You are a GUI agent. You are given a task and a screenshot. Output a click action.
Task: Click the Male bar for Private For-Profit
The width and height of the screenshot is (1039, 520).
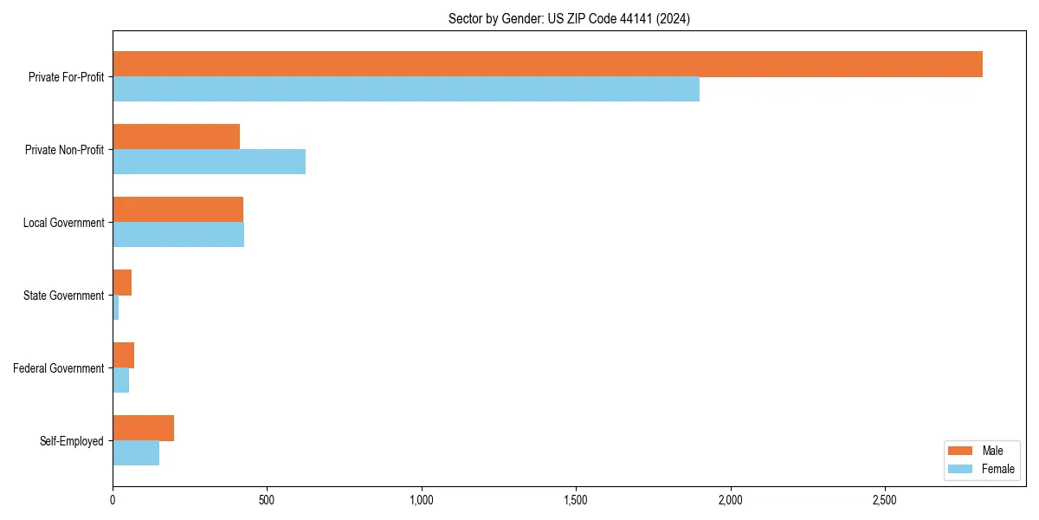tap(547, 64)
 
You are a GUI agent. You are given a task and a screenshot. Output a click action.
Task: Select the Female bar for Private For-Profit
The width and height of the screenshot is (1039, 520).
tap(406, 89)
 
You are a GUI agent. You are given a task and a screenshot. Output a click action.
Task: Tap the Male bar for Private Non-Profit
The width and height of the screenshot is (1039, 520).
tap(176, 137)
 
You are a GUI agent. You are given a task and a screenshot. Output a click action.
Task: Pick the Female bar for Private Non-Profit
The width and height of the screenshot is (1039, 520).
tap(209, 162)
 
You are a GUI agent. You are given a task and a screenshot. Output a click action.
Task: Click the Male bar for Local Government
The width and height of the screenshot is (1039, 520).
tap(177, 210)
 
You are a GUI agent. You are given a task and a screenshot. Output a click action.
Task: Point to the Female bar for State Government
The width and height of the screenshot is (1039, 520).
tap(116, 308)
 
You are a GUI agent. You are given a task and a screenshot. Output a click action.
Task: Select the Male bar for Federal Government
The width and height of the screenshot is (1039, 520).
tap(123, 355)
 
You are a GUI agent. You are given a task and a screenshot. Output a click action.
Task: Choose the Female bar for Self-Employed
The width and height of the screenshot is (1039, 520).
tap(136, 453)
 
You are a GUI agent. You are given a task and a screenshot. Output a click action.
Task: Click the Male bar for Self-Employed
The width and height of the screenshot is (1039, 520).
tap(143, 428)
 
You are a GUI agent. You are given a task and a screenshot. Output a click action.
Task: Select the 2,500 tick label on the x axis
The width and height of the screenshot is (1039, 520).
tap(884, 500)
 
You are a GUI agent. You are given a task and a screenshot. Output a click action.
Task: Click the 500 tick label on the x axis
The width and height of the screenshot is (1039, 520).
tap(267, 500)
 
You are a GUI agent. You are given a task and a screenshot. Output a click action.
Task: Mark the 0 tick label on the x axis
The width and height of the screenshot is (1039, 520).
tap(113, 500)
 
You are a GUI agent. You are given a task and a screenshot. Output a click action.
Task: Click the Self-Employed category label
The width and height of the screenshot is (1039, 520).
tap(71, 441)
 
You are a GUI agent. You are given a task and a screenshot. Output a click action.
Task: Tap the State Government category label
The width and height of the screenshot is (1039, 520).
tap(63, 296)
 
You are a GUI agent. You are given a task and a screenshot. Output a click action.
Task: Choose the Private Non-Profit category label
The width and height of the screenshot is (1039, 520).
tap(64, 150)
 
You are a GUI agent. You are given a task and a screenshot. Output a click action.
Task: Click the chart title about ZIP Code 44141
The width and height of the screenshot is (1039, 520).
tap(569, 18)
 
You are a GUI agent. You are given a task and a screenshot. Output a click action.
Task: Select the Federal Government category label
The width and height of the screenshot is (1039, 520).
tap(59, 368)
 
